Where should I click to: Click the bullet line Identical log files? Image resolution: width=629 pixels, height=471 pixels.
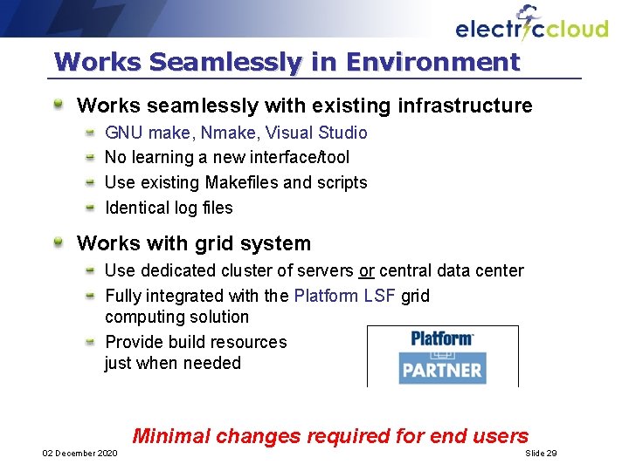169,208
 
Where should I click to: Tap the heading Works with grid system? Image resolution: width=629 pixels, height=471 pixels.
194,243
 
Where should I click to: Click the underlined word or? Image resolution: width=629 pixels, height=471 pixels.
366,271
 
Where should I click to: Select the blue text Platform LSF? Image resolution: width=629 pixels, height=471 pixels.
345,296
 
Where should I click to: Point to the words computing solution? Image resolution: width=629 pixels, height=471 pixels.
176,317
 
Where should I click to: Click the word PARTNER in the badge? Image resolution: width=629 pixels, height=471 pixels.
442,368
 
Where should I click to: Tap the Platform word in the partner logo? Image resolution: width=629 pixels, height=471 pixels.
442,338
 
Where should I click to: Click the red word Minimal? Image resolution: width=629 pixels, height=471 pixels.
171,436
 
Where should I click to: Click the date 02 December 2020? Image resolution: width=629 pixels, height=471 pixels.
79,454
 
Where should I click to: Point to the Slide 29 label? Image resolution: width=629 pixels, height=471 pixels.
541,454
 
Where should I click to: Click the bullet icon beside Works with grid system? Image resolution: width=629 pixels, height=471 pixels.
58,242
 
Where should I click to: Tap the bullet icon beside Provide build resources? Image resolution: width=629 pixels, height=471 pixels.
90,341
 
